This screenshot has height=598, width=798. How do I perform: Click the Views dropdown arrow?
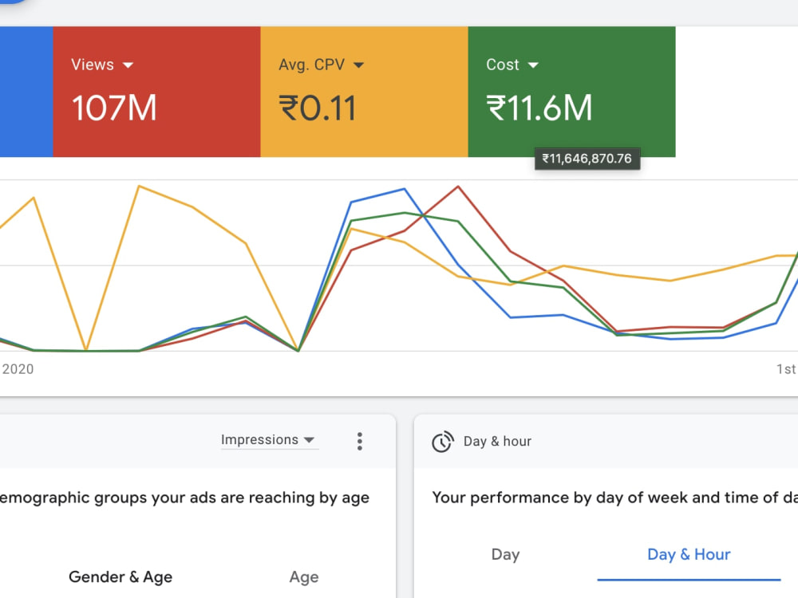128,65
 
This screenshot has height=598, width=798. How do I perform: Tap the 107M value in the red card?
114,108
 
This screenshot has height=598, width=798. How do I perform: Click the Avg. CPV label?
311,65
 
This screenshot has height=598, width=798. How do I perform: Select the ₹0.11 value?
317,108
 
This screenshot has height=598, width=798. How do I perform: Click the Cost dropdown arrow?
533,65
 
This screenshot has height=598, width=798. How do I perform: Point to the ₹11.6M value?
539,108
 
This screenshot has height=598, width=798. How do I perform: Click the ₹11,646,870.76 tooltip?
587,159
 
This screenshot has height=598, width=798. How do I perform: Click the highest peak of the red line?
458,187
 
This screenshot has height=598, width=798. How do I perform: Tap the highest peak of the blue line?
405,189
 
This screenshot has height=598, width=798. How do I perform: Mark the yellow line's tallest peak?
139,186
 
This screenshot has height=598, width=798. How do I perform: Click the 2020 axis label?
18,369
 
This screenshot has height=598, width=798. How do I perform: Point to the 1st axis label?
786,369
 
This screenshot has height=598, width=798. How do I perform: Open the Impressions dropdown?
268,440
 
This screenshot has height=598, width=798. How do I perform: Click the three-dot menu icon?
360,442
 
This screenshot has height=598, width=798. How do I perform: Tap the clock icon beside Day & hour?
443,442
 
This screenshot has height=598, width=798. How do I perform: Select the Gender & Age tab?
120,576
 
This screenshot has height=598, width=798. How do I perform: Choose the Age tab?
304,577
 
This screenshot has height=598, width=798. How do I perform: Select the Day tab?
505,554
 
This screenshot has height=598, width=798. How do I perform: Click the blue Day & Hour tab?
689,554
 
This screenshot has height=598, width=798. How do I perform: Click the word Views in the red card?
93,65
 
